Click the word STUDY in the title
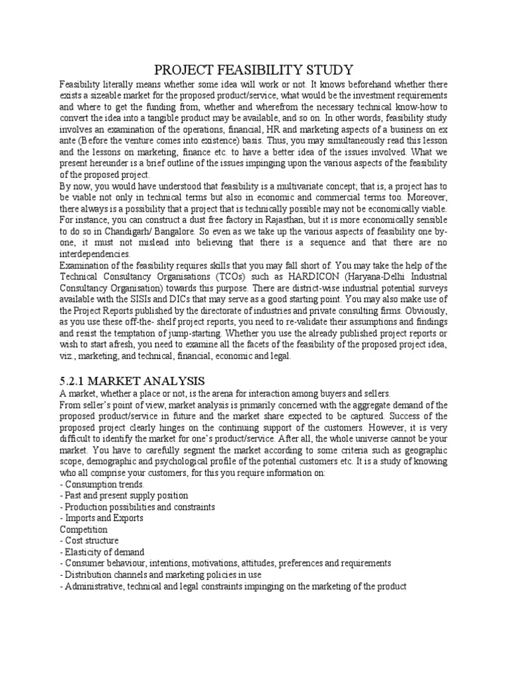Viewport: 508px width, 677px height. [326, 69]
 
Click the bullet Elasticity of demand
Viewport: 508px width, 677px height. [103, 551]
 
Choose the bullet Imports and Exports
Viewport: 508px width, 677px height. [103, 518]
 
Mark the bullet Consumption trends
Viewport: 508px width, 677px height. [103, 484]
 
